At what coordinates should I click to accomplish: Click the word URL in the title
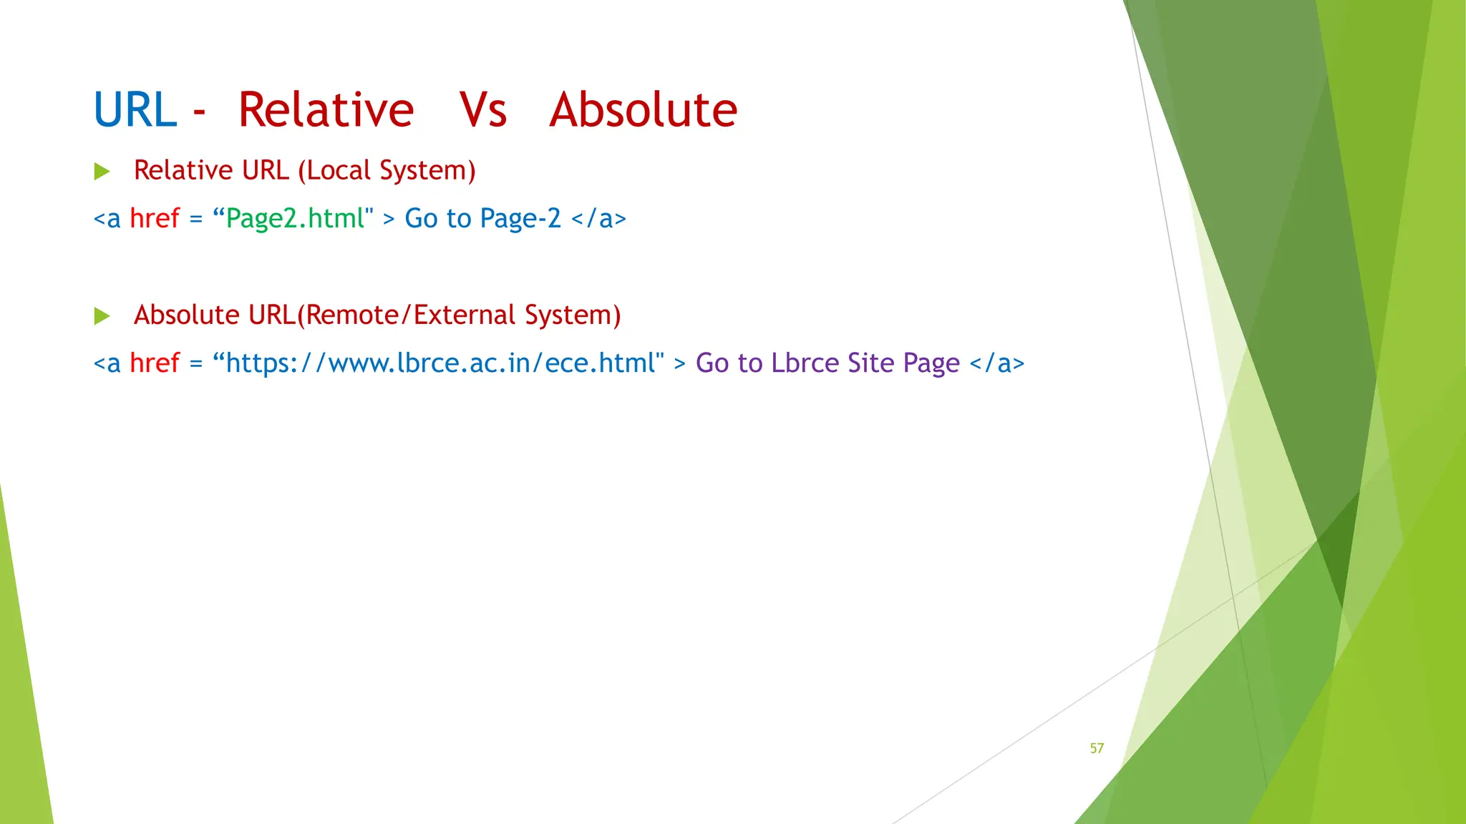click(135, 111)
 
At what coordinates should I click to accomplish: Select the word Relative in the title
click(326, 111)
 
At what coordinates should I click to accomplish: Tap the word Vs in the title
click(483, 111)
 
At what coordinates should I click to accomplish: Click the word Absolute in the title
click(643, 111)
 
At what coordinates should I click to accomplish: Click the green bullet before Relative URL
click(102, 172)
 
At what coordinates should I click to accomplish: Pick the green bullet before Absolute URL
click(102, 316)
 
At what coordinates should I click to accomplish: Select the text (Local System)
click(387, 171)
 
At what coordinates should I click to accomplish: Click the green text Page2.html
click(295, 219)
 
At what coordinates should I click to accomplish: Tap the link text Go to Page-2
click(482, 219)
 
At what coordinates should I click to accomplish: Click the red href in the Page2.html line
click(154, 219)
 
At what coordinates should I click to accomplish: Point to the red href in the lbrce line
click(154, 363)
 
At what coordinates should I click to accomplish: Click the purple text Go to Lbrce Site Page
click(827, 363)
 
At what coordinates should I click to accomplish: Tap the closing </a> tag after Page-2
click(598, 219)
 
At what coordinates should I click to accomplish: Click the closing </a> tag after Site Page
click(996, 363)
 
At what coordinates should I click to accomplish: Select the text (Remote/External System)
click(459, 315)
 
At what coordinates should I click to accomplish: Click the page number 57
click(1097, 748)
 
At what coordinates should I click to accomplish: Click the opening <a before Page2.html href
click(107, 219)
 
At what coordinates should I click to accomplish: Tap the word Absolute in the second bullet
click(186, 315)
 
